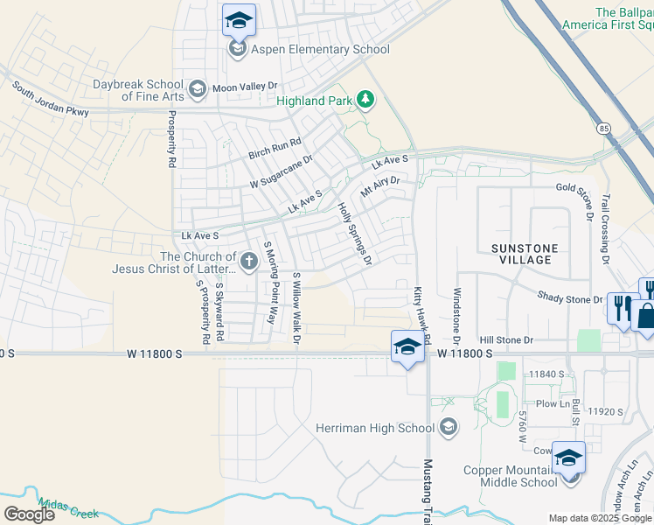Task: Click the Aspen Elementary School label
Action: tap(320, 49)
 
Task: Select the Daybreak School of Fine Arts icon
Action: tap(198, 88)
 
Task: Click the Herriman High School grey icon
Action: tap(449, 427)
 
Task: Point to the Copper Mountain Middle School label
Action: tap(511, 476)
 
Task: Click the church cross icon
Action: tap(249, 260)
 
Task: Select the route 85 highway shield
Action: tap(604, 128)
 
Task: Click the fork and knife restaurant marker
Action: tap(622, 307)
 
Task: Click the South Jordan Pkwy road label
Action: tap(50, 100)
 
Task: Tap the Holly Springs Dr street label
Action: tap(355, 234)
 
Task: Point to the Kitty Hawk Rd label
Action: tap(421, 312)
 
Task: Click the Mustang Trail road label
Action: tap(428, 491)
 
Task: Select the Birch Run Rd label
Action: tap(275, 147)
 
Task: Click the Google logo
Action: tap(29, 514)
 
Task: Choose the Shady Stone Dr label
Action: tap(570, 298)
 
